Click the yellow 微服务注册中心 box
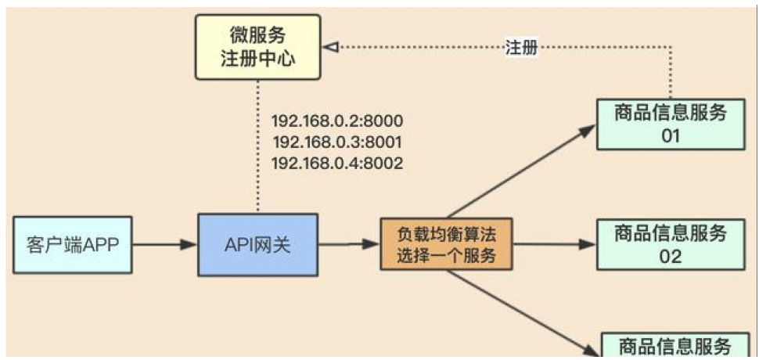pyautogui.click(x=257, y=47)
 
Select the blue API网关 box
pyautogui.click(x=257, y=245)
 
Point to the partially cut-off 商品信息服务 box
pyautogui.click(x=674, y=346)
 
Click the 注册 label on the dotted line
pyautogui.click(x=520, y=48)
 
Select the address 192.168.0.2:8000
pyautogui.click(x=336, y=121)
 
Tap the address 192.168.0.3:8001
pyautogui.click(x=336, y=142)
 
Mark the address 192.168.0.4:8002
pyautogui.click(x=336, y=164)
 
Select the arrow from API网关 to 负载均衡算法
pyautogui.click(x=349, y=245)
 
